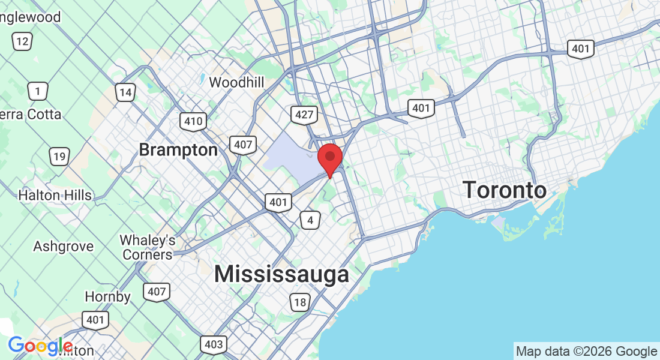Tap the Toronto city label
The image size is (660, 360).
(505, 191)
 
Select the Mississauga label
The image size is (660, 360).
(281, 274)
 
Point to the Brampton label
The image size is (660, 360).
(178, 149)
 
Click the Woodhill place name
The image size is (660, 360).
(236, 82)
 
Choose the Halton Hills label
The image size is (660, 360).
(55, 195)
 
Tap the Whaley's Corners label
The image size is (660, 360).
(148, 247)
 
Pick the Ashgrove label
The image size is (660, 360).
(64, 247)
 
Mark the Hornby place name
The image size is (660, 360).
(107, 296)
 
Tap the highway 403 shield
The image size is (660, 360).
(214, 344)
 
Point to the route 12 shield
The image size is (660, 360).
(22, 41)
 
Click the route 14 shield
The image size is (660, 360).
(125, 92)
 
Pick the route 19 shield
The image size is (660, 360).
(59, 157)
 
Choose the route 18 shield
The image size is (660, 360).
(299, 302)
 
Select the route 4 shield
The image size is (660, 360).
(310, 220)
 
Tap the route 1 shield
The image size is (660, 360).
(38, 91)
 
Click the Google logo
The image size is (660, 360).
(40, 346)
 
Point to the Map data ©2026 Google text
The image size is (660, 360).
(586, 352)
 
